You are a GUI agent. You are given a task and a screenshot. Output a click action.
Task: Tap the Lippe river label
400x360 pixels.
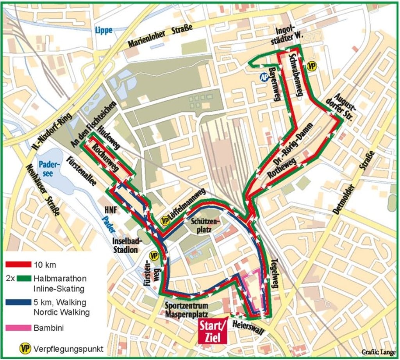coord(103,30)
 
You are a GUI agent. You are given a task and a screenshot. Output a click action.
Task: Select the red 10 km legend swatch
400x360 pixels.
coord(18,265)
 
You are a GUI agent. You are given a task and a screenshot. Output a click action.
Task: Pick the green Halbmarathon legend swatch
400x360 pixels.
coord(18,279)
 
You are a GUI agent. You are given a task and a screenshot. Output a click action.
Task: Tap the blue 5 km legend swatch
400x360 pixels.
coord(18,303)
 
